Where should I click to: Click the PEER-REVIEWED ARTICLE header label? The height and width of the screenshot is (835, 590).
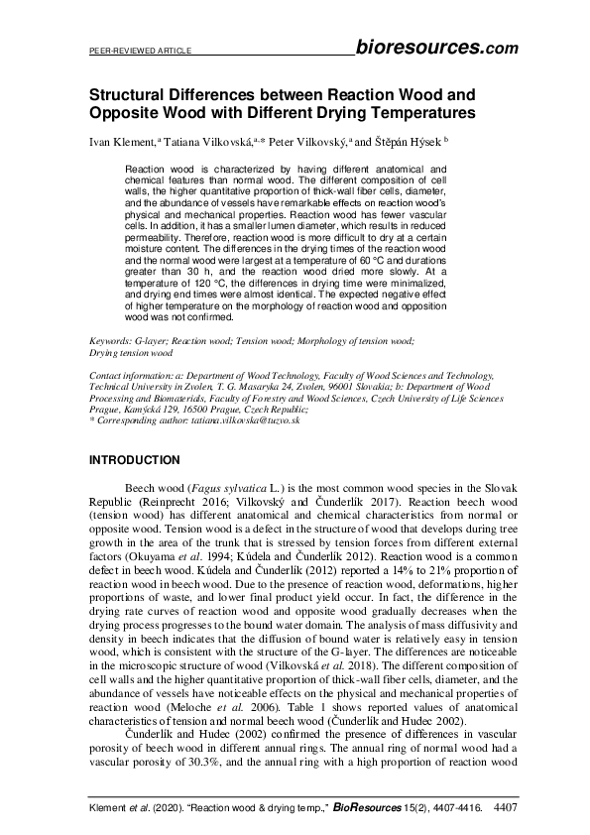click(x=133, y=50)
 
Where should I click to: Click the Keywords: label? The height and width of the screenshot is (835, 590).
click(x=110, y=340)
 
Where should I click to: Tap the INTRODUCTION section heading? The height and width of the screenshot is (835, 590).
click(x=135, y=460)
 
